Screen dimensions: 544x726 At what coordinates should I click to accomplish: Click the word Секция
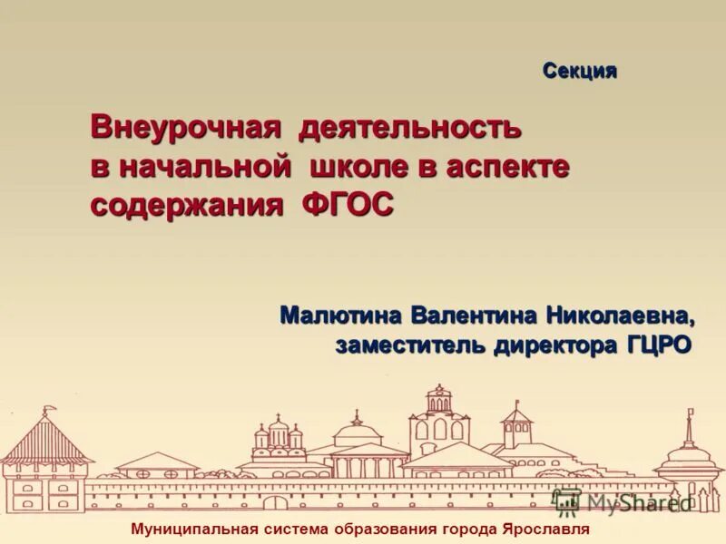[x=580, y=71]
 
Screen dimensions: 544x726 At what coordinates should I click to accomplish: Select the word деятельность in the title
[x=410, y=127]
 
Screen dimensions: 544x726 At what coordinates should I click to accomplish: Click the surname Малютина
[x=341, y=316]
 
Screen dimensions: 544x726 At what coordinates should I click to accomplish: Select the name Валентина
[x=474, y=316]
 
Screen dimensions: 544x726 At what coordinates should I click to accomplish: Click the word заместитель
[x=410, y=345]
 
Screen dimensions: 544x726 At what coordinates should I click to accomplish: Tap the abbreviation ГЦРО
[x=658, y=345]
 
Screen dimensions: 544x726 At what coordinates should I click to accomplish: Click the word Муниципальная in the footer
[x=194, y=529]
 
